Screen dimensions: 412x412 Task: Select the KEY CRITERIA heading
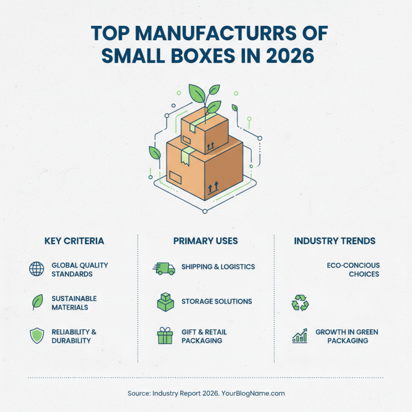tap(74, 241)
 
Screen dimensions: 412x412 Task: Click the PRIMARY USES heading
tap(205, 241)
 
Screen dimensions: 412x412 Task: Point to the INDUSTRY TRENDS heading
tap(334, 241)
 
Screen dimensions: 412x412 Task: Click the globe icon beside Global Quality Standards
tap(37, 269)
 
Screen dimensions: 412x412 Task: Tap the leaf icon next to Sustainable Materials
tap(37, 302)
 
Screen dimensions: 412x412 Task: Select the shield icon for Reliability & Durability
tap(37, 336)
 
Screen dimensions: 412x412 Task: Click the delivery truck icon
tap(164, 268)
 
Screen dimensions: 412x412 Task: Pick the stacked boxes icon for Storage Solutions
tap(165, 302)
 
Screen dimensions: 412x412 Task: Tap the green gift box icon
tap(165, 336)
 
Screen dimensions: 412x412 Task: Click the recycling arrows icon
tap(300, 303)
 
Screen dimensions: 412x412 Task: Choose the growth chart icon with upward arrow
tap(300, 336)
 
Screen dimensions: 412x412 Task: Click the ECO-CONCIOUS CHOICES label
tap(353, 269)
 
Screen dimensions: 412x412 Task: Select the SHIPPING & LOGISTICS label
tap(218, 267)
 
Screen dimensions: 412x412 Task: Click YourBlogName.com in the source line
tap(253, 393)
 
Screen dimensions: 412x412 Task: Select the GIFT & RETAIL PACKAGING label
tap(204, 336)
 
